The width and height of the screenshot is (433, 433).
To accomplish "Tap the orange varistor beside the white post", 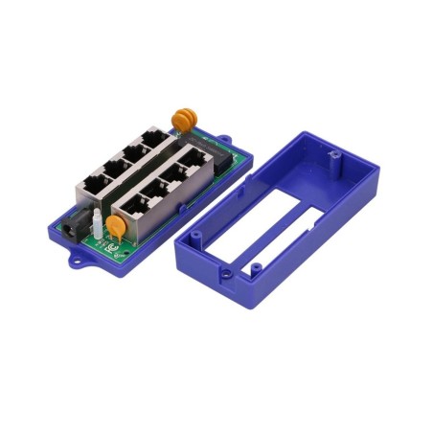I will click(x=114, y=227).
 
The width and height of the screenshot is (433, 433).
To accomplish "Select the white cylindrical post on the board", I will click(x=98, y=226).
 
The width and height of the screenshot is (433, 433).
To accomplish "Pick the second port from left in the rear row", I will click(x=115, y=168).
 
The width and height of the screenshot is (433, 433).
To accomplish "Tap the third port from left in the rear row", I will click(x=134, y=154).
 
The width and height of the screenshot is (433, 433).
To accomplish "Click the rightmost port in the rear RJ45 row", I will click(x=151, y=143).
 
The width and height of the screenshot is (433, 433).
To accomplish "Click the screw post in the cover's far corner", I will click(x=333, y=153).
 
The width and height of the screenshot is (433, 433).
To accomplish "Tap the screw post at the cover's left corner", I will click(x=194, y=234).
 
